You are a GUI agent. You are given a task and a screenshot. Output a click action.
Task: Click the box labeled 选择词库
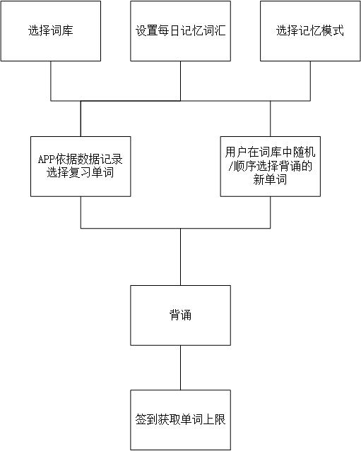(51, 31)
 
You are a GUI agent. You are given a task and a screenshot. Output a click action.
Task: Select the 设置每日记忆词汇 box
(181, 31)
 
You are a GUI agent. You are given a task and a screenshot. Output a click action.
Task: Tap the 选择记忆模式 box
(310, 31)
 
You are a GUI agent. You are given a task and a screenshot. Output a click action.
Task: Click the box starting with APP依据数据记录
(81, 167)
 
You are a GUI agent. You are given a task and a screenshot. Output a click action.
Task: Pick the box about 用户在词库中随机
(271, 167)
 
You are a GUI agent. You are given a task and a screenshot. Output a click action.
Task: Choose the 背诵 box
(181, 315)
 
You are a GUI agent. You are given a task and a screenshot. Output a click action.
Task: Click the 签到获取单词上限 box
(181, 420)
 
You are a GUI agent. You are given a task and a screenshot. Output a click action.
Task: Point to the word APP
(47, 160)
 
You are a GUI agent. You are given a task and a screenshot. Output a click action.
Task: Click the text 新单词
(270, 180)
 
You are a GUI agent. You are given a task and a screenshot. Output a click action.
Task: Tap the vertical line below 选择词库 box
(51, 81)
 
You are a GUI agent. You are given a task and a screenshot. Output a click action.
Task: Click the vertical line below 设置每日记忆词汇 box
(181, 81)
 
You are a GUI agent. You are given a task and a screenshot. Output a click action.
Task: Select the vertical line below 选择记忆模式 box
(310, 81)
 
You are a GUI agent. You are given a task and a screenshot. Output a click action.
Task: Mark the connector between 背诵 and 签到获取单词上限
(181, 368)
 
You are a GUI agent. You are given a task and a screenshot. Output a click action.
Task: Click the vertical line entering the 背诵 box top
(181, 257)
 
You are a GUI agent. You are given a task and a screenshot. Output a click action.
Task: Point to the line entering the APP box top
(81, 119)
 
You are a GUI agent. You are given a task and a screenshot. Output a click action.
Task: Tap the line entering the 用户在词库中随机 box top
(271, 119)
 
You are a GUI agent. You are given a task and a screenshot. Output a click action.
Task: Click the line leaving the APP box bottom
(81, 212)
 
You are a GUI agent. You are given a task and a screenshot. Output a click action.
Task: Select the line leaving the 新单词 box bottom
(271, 212)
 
